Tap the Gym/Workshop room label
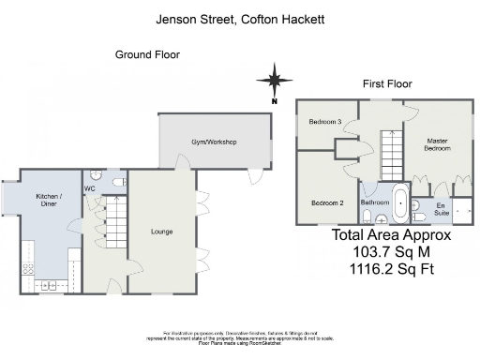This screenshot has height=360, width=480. click(214, 142)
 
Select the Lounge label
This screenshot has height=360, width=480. click(161, 230)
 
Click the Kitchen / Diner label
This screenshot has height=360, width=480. click(48, 199)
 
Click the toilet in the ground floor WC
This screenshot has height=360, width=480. click(116, 182)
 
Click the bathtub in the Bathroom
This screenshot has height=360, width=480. click(401, 203)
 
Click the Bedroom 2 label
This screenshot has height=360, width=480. click(327, 203)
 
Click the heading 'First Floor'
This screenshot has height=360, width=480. click(387, 83)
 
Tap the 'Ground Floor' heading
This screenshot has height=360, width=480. click(147, 55)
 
